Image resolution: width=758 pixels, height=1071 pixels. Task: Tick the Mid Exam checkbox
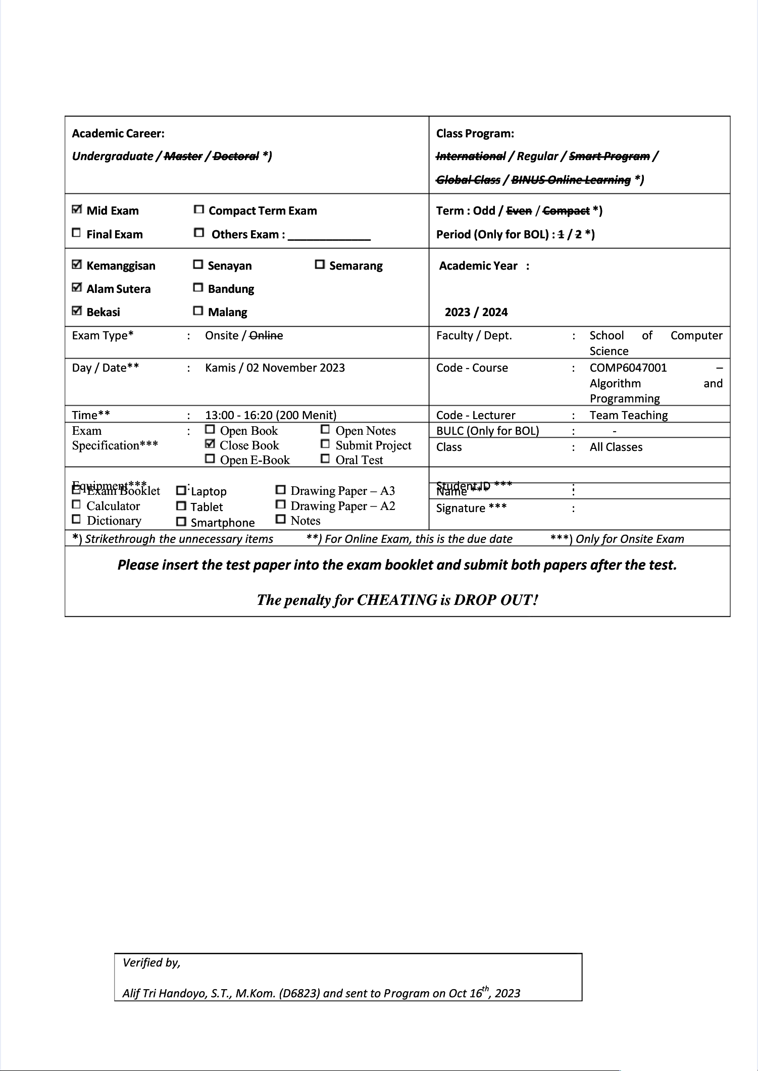click(x=77, y=209)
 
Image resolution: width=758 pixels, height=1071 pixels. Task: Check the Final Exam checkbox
click(x=76, y=233)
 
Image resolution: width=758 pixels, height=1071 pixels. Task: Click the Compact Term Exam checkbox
click(x=199, y=209)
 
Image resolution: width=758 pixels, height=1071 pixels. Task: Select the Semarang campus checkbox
click(x=320, y=264)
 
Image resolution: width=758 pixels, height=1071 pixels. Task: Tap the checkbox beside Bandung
click(x=198, y=288)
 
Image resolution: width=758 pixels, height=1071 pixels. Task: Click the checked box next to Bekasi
click(x=77, y=311)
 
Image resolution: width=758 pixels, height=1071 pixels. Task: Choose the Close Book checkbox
click(x=210, y=444)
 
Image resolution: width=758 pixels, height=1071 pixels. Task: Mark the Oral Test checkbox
click(x=326, y=458)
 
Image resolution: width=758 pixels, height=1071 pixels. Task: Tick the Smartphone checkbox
click(x=181, y=522)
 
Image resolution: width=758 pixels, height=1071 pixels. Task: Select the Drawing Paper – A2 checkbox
click(x=281, y=504)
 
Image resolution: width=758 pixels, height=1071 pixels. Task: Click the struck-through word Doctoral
click(x=236, y=156)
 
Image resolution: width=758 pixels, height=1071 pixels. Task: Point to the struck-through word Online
click(x=266, y=335)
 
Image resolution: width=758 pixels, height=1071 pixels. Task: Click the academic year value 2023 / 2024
click(x=476, y=312)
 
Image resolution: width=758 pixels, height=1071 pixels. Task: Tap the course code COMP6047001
click(x=628, y=368)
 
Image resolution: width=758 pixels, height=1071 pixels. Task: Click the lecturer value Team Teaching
click(x=629, y=415)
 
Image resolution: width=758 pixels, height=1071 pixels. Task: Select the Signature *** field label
click(x=471, y=508)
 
